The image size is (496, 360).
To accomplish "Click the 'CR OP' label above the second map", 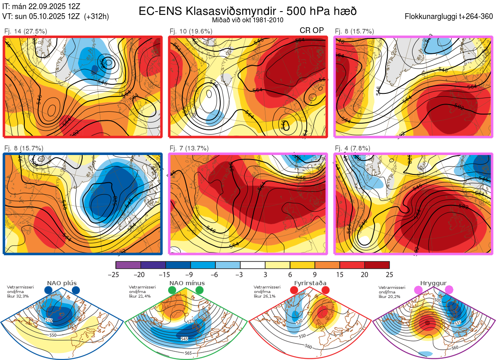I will tap(312, 31).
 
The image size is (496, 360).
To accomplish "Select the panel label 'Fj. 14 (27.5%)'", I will tap(26, 31).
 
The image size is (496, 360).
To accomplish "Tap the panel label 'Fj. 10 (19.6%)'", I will tap(191, 31).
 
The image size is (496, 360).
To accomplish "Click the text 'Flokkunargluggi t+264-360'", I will tap(450, 17).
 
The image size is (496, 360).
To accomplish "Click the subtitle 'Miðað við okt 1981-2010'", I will tap(248, 20).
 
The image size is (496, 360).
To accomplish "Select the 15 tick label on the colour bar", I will tap(340, 274).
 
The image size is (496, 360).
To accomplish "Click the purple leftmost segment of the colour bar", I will tap(128, 265).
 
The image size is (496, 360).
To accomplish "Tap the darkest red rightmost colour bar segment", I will tap(377, 265).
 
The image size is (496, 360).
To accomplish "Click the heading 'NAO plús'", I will tap(62, 283).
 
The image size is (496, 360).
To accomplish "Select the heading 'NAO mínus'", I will tap(187, 283).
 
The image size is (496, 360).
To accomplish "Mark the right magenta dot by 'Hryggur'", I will tap(449, 290).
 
